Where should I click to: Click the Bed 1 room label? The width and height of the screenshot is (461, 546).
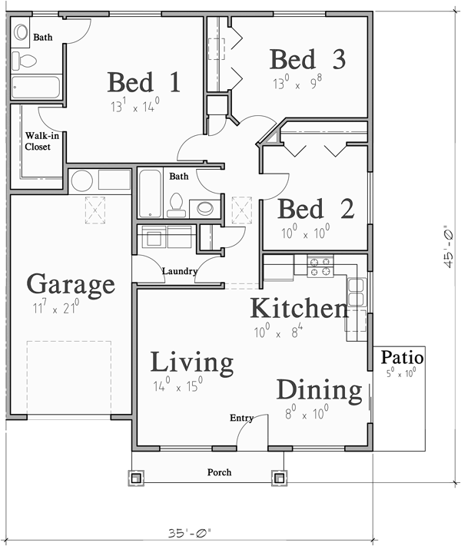point(144,82)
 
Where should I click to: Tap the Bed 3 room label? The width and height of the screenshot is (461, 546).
point(307,59)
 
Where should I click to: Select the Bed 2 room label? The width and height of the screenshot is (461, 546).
point(316,208)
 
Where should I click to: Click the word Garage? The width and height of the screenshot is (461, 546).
point(71,286)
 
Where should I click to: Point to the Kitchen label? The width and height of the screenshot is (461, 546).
point(299,309)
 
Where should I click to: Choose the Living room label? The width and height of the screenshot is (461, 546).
point(191,362)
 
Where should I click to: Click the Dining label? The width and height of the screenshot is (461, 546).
point(319,390)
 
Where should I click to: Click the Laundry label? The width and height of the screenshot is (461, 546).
point(180,271)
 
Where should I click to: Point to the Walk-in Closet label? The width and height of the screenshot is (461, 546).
point(38,141)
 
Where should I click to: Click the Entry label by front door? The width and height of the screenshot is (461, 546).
point(241,419)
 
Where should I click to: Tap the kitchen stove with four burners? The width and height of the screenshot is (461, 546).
point(320,266)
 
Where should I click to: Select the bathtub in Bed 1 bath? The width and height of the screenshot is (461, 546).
point(36,87)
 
